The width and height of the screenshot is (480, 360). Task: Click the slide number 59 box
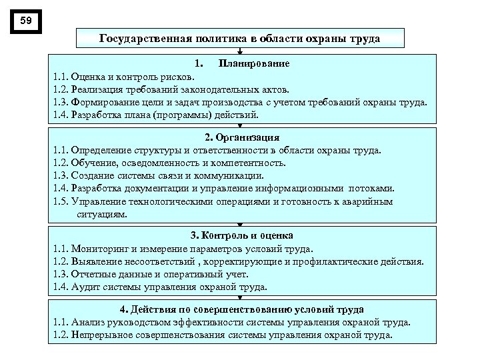[26, 21]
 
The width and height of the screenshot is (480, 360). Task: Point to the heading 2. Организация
[242, 138]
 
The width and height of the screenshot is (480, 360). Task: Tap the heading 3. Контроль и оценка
[241, 236]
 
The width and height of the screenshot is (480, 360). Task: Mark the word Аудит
[84, 287]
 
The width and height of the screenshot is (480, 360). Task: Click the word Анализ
[88, 322]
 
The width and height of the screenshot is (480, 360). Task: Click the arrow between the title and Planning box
[240, 50]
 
